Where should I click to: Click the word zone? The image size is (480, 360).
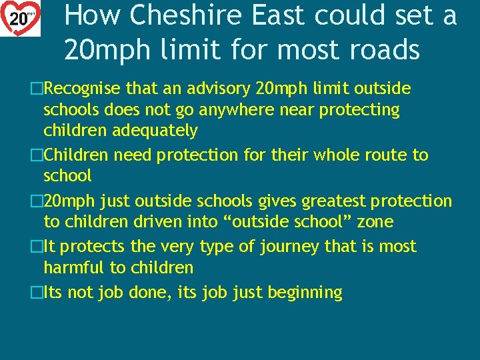coord(375,221)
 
